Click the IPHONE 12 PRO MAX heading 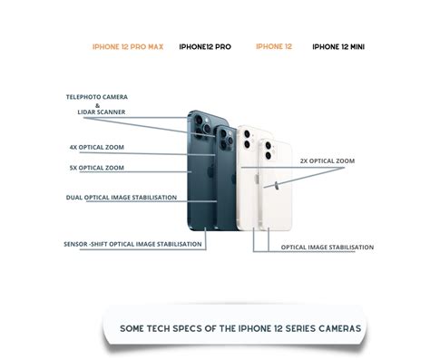128,46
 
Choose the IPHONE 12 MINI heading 339,46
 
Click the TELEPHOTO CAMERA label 96,97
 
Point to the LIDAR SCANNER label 101,112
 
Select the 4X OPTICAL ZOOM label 96,147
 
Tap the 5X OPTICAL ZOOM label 96,168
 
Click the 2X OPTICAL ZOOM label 327,161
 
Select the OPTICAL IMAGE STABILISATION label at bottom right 327,248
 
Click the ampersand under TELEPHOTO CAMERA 97,104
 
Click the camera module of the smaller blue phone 224,139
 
